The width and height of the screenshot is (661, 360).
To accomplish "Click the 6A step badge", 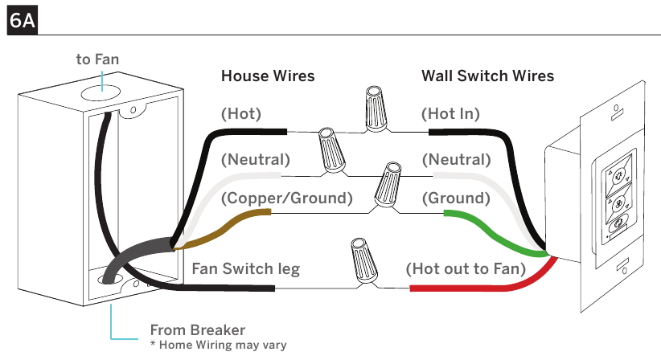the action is coord(23,20).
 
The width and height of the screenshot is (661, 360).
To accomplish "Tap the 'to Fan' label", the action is coord(97,59).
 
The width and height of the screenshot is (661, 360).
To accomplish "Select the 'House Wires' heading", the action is coord(268,76).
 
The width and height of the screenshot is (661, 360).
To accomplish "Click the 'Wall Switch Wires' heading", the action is coord(488,76).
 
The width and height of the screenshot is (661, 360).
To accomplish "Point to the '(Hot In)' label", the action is coord(450,113).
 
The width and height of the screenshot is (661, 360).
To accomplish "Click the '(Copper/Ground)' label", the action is coord(286,198).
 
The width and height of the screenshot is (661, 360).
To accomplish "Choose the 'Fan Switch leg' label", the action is coord(246,268).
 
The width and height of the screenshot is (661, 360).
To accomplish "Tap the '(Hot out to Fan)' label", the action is coord(466,268).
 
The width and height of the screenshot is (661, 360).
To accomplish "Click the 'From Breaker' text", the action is coord(197,329).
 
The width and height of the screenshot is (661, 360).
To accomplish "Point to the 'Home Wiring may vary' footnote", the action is coord(219,346).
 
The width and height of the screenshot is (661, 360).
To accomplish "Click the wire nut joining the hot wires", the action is coord(376,108).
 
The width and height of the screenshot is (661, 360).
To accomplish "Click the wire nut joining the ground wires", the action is coord(388,185).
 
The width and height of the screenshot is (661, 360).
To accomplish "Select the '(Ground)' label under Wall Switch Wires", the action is coord(456,198).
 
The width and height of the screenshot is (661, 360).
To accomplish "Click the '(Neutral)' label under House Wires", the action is coord(256,160).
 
